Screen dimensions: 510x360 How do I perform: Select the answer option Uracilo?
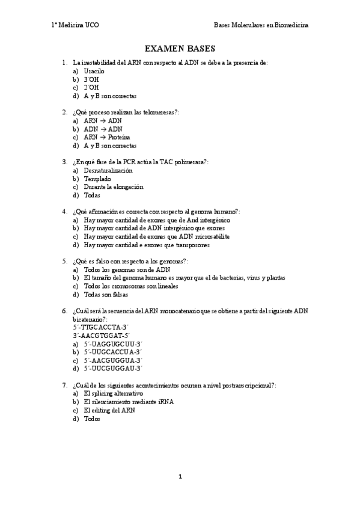pyautogui.click(x=94, y=71)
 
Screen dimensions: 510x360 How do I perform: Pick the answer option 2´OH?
pyautogui.click(x=91, y=88)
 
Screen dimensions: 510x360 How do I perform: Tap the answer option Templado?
pyautogui.click(x=97, y=179)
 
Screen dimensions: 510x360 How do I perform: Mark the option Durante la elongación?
pyautogui.click(x=114, y=187)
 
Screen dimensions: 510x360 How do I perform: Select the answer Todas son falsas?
pyautogui.click(x=106, y=295)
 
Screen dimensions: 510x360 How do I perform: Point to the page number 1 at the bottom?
pyautogui.click(x=180, y=477)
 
